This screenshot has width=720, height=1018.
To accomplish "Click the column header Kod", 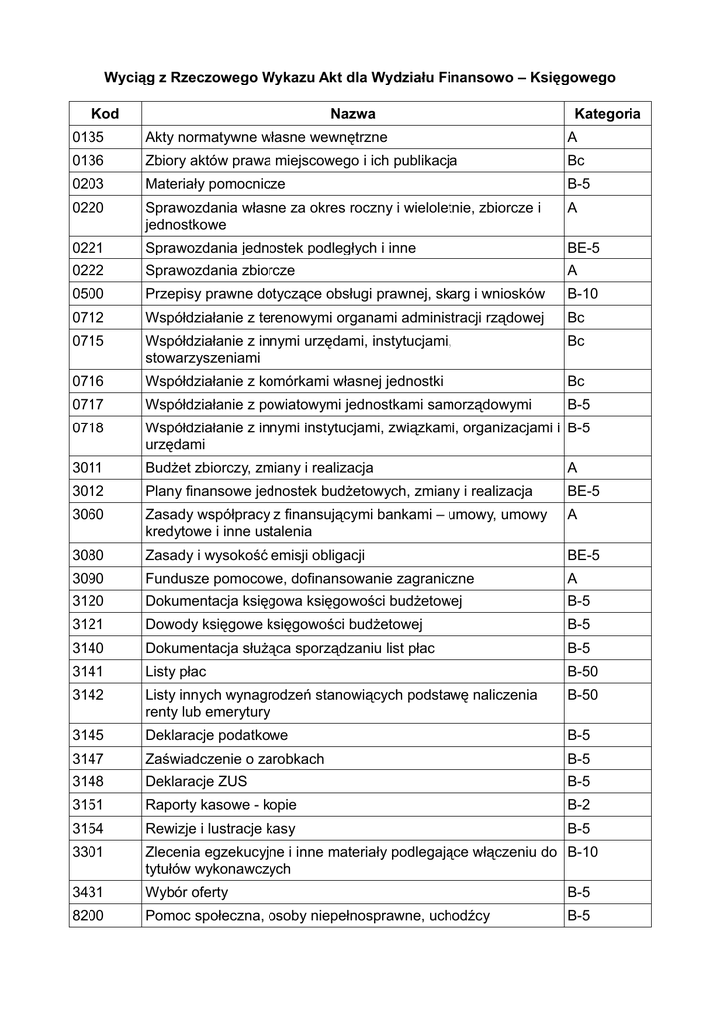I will click(104, 114).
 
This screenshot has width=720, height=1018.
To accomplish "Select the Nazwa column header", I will click(352, 114).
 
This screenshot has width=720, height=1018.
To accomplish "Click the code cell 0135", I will click(90, 137).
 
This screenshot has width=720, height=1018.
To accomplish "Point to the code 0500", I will click(90, 294).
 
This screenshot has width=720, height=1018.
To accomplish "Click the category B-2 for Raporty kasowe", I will click(579, 804).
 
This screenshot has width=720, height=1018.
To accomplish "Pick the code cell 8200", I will click(90, 915).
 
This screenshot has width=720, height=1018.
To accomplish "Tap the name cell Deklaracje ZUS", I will click(197, 781).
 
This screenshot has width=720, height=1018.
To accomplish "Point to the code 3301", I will click(90, 851).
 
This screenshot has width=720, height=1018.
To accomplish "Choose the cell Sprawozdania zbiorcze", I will click(220, 270).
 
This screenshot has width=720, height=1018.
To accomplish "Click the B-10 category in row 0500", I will click(583, 294).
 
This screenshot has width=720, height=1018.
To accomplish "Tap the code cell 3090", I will click(90, 578).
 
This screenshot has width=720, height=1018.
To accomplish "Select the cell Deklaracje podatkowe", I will click(217, 735).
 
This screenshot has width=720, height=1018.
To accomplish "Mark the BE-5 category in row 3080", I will click(584, 555).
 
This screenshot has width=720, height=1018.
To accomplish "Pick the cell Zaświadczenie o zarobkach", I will click(235, 759).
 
